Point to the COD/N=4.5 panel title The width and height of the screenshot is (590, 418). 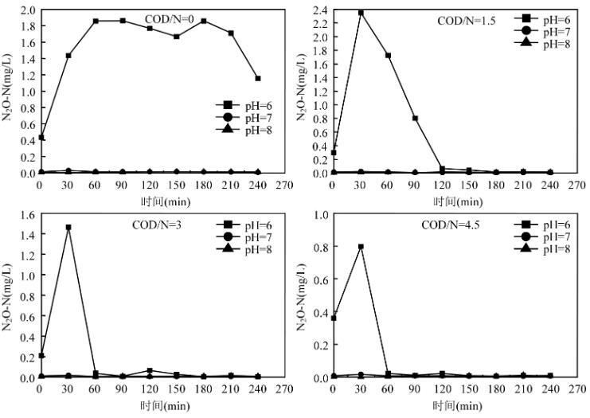(450, 225)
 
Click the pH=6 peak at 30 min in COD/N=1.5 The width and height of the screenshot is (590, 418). (361, 13)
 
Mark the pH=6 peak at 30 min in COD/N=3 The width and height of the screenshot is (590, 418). (68, 228)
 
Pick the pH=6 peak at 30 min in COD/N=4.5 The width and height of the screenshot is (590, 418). (361, 247)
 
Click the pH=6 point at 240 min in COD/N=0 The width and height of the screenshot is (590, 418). (258, 78)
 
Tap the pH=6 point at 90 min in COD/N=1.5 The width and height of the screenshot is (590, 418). (415, 118)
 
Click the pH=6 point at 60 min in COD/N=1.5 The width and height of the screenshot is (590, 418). (388, 56)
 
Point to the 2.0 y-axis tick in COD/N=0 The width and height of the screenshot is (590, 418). (24, 10)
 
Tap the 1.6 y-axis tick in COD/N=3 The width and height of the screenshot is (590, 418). (24, 214)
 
